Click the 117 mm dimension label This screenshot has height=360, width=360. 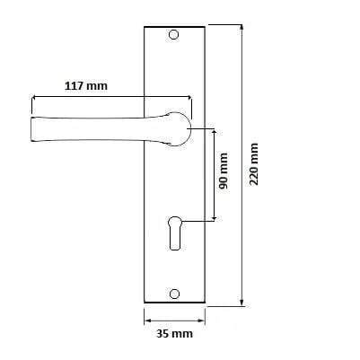[x=86, y=86]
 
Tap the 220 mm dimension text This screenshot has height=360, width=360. [x=254, y=164]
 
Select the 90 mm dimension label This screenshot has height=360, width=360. [x=223, y=171]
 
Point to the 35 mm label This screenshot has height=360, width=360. [x=175, y=333]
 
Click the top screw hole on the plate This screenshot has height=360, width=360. [x=173, y=35]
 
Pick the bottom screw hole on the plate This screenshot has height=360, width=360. [x=174, y=294]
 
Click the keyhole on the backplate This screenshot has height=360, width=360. [x=175, y=233]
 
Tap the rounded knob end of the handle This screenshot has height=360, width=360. [x=179, y=129]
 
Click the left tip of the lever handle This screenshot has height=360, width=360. [x=31, y=129]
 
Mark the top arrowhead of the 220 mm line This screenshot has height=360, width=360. [x=242, y=27]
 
